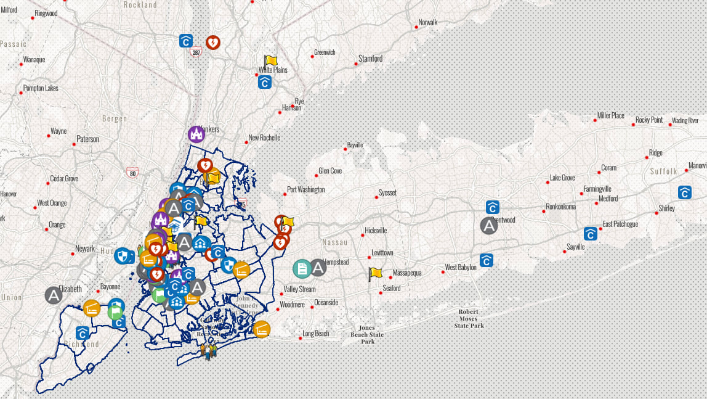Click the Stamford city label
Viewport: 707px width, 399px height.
(370, 59)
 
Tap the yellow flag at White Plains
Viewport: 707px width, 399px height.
(271, 60)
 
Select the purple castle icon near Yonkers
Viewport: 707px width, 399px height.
(196, 134)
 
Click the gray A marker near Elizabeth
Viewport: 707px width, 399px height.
(54, 295)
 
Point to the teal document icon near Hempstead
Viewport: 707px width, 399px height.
(302, 268)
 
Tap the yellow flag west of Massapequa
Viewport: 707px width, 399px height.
(375, 273)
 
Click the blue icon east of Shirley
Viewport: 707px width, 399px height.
(685, 192)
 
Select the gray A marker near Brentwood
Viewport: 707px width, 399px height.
(489, 226)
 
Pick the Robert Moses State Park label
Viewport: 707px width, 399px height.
(469, 318)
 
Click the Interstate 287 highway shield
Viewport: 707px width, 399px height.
(196, 53)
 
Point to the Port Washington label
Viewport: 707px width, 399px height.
(307, 189)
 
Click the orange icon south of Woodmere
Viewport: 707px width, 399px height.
(262, 329)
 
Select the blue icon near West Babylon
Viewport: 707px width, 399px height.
(487, 260)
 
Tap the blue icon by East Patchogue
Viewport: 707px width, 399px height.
(591, 233)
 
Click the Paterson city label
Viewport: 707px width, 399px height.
(87, 139)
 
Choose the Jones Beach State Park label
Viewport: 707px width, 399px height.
(368, 335)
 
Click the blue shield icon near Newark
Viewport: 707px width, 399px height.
(124, 255)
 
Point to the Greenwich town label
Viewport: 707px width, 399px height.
(325, 52)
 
